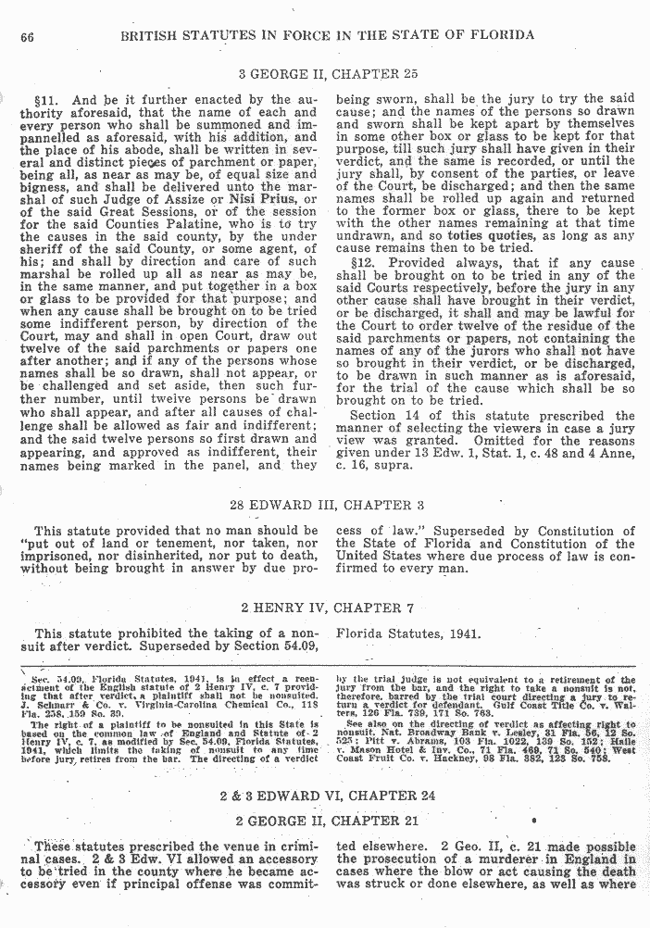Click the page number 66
click(26, 36)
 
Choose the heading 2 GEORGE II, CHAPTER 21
click(323, 821)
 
